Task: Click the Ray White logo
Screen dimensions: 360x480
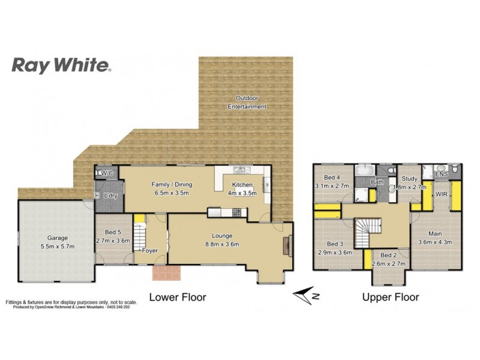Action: [61, 66]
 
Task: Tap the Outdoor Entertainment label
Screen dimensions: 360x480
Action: [247, 103]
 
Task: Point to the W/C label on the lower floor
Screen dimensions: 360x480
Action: [107, 174]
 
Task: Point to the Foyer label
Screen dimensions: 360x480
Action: [149, 251]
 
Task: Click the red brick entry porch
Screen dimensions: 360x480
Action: [167, 273]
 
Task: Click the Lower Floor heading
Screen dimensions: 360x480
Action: [178, 296]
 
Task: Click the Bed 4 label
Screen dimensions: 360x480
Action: [332, 178]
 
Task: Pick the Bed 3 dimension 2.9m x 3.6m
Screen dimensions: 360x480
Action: [334, 253]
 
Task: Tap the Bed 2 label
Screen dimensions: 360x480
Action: [389, 256]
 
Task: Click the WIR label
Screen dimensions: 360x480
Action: [442, 195]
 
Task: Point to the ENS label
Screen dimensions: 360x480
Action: [442, 175]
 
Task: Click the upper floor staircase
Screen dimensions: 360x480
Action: [367, 232]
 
